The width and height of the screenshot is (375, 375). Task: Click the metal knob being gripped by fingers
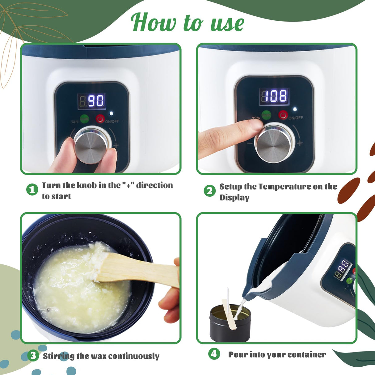click(x=92, y=145)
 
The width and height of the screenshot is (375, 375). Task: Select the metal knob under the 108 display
click(x=274, y=142)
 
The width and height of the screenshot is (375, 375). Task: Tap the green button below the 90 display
click(x=84, y=119)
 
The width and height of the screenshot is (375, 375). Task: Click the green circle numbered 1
click(x=32, y=189)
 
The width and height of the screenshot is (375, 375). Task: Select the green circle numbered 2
click(x=210, y=191)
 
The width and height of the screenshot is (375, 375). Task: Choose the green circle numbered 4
click(x=214, y=354)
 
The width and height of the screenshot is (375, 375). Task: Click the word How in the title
click(x=154, y=22)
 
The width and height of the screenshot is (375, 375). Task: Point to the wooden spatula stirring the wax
click(x=136, y=270)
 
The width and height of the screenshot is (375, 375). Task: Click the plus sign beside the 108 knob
click(x=300, y=143)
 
